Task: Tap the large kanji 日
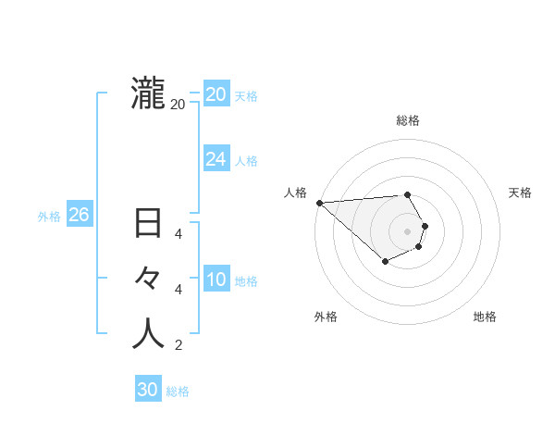pyautogui.click(x=148, y=225)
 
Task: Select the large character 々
pyautogui.click(x=148, y=279)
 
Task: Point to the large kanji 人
pyautogui.click(x=148, y=333)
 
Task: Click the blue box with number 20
pyautogui.click(x=216, y=94)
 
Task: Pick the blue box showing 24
pyautogui.click(x=216, y=159)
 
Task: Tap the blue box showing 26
pyautogui.click(x=79, y=215)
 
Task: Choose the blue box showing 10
pyautogui.click(x=216, y=280)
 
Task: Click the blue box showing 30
pyautogui.click(x=147, y=390)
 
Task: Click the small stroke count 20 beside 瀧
pyautogui.click(x=178, y=105)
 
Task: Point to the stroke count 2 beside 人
pyautogui.click(x=178, y=346)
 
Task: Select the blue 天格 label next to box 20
pyautogui.click(x=246, y=96)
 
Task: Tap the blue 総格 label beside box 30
pyautogui.click(x=178, y=391)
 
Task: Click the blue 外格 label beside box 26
pyautogui.click(x=49, y=217)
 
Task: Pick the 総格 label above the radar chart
pyautogui.click(x=408, y=120)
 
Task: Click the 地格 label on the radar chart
pyautogui.click(x=485, y=317)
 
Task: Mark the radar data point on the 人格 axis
pyautogui.click(x=319, y=203)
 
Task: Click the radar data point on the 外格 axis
pyautogui.click(x=385, y=263)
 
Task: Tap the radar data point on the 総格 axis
pyautogui.click(x=407, y=194)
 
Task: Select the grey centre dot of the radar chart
pyautogui.click(x=408, y=230)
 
